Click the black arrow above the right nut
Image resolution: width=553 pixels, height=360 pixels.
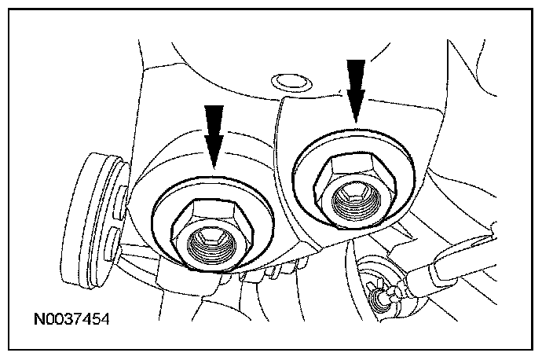(356, 87)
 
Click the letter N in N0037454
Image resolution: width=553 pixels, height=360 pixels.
(39, 320)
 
